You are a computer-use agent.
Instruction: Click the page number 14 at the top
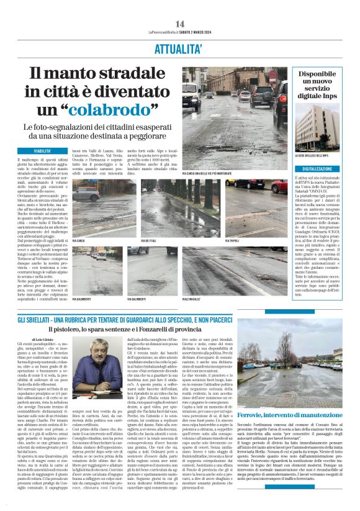[180, 24]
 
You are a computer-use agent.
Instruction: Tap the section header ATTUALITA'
[180, 46]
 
